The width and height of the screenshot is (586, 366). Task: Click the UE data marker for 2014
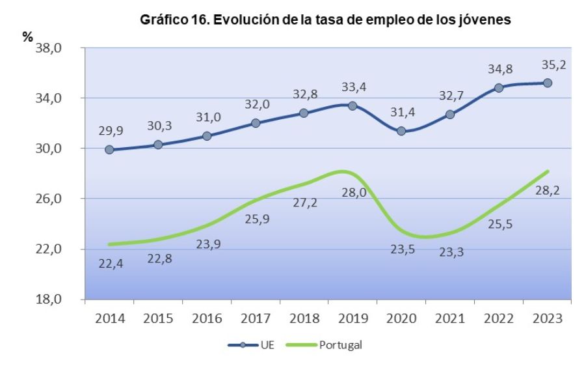coord(109,149)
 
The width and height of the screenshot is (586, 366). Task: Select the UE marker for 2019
coord(353,106)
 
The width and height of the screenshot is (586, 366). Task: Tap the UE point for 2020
coord(401,131)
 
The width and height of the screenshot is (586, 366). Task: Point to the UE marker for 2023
coord(548,83)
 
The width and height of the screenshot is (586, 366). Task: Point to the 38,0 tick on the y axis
coord(54,48)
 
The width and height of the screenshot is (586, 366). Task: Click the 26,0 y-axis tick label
coord(54,199)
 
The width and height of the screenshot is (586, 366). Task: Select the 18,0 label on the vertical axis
coord(54,300)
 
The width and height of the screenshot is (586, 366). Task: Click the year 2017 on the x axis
coord(255,319)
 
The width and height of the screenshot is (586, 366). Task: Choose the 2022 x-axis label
coord(499,319)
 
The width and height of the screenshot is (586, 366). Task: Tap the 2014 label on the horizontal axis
coord(109,319)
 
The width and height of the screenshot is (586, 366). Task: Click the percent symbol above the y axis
coord(27,37)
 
